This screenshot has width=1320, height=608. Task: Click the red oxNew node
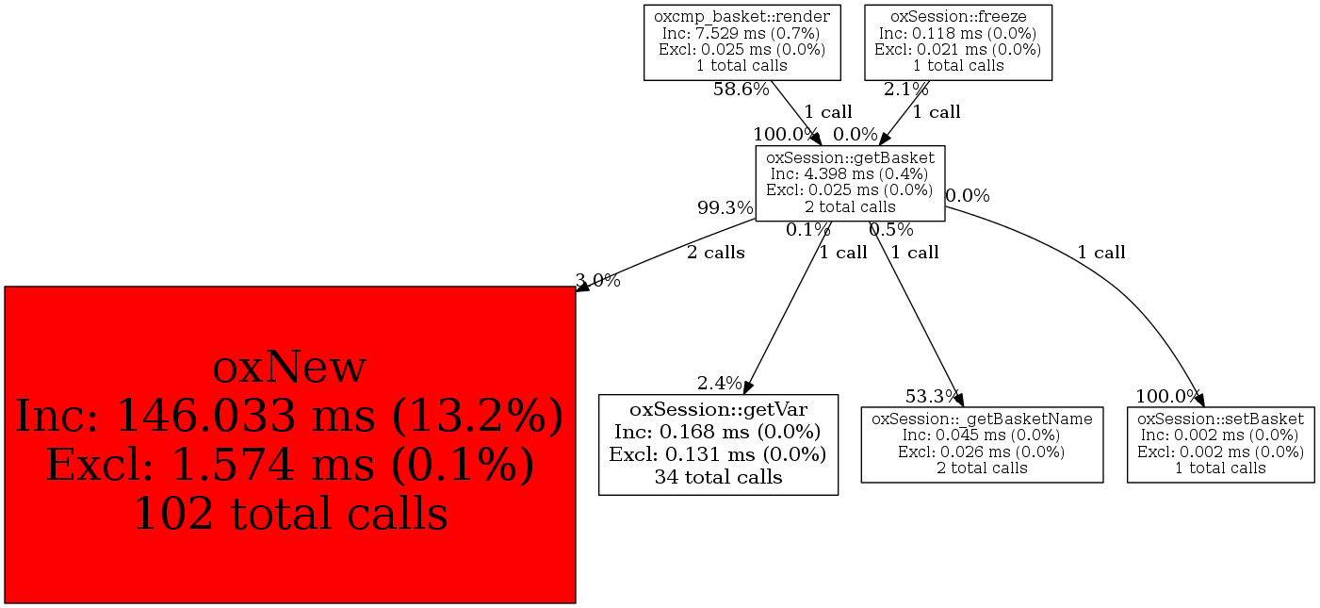[x=290, y=445]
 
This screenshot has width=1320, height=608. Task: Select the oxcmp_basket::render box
[x=741, y=42]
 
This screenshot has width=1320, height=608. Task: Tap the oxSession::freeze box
[x=958, y=42]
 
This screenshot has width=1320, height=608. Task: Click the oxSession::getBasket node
[x=851, y=184]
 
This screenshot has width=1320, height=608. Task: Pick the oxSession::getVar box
[x=718, y=445]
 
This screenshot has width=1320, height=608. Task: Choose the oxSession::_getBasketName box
[x=982, y=445]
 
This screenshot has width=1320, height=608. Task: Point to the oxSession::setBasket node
[x=1221, y=445]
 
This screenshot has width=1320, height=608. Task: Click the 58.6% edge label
[x=741, y=90]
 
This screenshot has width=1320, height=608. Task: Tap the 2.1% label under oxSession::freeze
[x=906, y=90]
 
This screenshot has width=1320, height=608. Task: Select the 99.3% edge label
[x=725, y=207]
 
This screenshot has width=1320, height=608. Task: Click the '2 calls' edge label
[x=716, y=253]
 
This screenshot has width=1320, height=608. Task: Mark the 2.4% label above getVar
[x=720, y=384]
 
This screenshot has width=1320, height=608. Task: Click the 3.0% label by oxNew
[x=598, y=281]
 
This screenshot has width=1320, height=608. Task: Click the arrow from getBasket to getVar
[x=788, y=308]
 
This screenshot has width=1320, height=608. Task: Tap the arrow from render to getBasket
[x=796, y=113]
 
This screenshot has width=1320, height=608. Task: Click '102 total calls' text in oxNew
[x=291, y=514]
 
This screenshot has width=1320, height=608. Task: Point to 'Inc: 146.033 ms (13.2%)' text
[x=289, y=417]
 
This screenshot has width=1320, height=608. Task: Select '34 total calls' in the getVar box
[x=718, y=476]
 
